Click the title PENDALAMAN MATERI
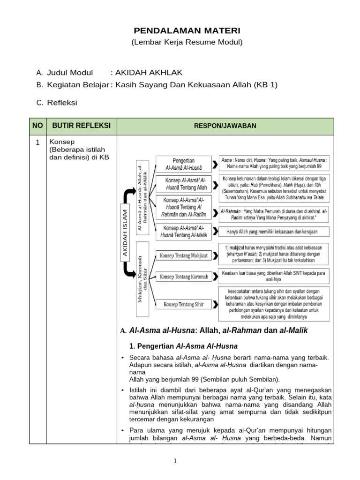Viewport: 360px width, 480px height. tap(180, 31)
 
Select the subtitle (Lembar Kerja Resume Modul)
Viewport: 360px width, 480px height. tap(180, 43)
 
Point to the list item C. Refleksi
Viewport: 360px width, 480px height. tap(57, 102)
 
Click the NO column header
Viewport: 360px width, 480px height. tap(37, 125)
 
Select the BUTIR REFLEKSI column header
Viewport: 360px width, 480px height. tap(81, 125)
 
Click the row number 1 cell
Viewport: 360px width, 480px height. tap(37, 142)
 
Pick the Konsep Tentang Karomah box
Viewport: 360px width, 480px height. tap(181, 277)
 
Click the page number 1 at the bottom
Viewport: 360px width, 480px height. tap(175, 461)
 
